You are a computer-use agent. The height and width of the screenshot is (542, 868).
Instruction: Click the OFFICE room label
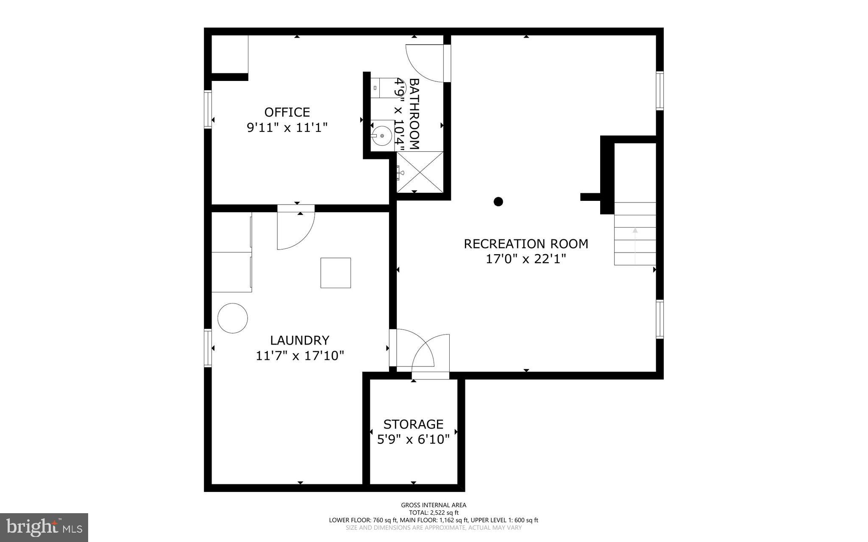pyautogui.click(x=287, y=112)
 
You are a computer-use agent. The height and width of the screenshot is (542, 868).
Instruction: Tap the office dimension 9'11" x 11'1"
pyautogui.click(x=287, y=128)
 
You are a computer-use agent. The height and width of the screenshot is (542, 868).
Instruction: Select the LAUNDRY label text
pyautogui.click(x=300, y=340)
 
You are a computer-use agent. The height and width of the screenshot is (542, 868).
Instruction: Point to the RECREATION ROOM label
pyautogui.click(x=526, y=244)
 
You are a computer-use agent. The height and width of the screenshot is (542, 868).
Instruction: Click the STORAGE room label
pyautogui.click(x=413, y=424)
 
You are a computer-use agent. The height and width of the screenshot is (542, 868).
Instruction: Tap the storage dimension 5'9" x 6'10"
pyautogui.click(x=413, y=439)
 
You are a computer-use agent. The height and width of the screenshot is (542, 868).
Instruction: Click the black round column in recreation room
pyautogui.click(x=498, y=201)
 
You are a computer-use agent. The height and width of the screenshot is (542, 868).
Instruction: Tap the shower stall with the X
pyautogui.click(x=420, y=172)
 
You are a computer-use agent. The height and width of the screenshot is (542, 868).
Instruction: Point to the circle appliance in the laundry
pyautogui.click(x=233, y=318)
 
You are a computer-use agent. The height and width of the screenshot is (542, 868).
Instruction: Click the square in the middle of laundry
pyautogui.click(x=336, y=273)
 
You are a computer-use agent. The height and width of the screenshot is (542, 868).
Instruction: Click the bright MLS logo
pyautogui.click(x=44, y=527)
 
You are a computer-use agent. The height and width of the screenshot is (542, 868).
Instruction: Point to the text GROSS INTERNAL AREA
pyautogui.click(x=434, y=505)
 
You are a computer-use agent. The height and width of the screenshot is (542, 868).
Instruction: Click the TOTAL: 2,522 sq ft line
pyautogui.click(x=434, y=512)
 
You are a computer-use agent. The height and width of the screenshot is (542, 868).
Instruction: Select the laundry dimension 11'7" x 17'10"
pyautogui.click(x=300, y=356)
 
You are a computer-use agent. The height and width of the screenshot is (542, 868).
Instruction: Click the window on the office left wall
pyautogui.click(x=208, y=109)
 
